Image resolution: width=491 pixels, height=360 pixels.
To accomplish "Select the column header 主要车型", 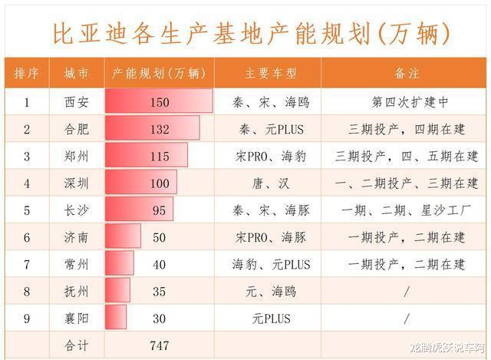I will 270,74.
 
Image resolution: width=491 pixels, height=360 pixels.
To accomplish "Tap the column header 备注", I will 407,74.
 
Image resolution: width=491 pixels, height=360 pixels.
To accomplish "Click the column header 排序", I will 27,74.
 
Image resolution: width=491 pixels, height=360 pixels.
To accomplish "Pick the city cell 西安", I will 77,101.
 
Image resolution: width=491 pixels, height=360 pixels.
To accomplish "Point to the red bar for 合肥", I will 152,128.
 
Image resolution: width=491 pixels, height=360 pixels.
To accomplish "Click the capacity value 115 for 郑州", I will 160,156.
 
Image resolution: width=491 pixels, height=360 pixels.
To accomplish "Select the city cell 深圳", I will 77,183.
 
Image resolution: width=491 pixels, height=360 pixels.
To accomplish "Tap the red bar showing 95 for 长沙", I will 139,210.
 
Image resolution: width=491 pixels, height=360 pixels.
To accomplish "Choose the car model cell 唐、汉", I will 270,183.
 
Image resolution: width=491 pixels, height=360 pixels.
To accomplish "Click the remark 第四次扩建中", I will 407,101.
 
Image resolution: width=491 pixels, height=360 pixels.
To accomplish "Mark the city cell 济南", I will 77,237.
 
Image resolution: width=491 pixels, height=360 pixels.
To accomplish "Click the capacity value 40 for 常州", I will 160,264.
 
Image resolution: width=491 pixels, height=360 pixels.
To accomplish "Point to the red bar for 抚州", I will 117,291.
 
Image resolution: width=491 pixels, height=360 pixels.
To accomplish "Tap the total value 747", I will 160,345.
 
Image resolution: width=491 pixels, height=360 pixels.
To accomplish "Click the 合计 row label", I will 77,345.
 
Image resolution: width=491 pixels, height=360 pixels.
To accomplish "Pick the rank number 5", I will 27,210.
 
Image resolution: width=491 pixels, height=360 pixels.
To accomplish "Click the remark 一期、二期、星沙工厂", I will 407,210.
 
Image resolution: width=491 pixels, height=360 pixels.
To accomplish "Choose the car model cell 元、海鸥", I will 270,291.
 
